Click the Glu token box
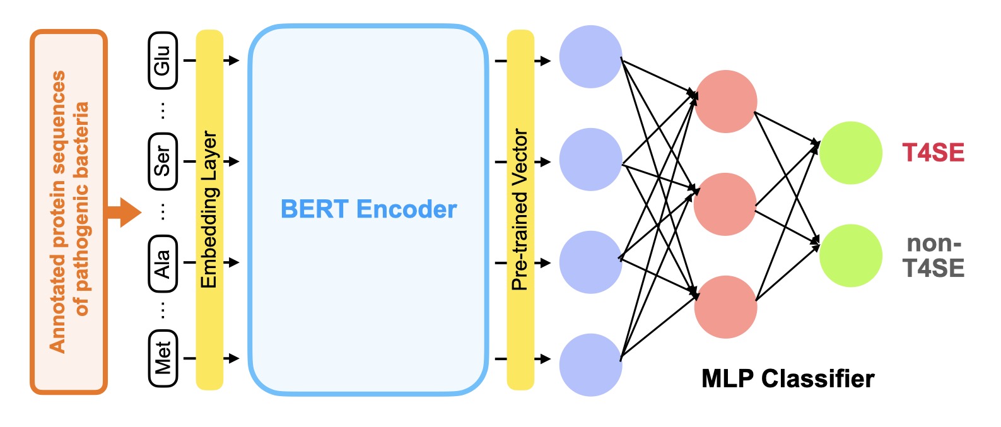pyautogui.click(x=163, y=61)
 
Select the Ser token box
pyautogui.click(x=163, y=161)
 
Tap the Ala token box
pyautogui.click(x=163, y=263)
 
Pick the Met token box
pyautogui.click(x=163, y=358)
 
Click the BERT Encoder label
pyautogui.click(x=368, y=209)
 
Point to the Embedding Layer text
pyautogui.click(x=209, y=209)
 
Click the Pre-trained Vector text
pyautogui.click(x=520, y=209)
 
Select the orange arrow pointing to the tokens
pyautogui.click(x=124, y=212)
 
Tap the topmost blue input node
pyautogui.click(x=591, y=57)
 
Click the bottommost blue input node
pyautogui.click(x=591, y=365)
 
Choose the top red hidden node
pyautogui.click(x=725, y=102)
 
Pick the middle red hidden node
pyautogui.click(x=725, y=204)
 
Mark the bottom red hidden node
pyautogui.click(x=725, y=307)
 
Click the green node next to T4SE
pyautogui.click(x=850, y=153)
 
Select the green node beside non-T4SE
pyautogui.click(x=850, y=256)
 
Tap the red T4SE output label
pyautogui.click(x=933, y=153)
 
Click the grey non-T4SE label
pyautogui.click(x=934, y=256)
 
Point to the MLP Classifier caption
pyautogui.click(x=788, y=379)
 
